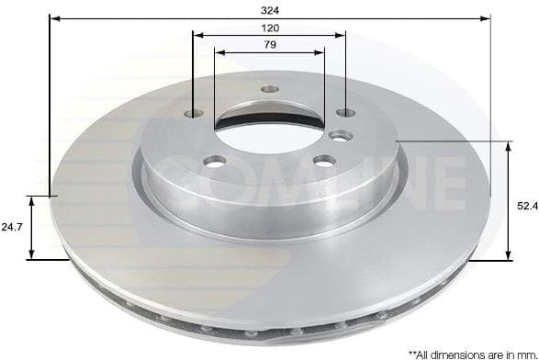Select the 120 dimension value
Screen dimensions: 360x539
(x=270, y=28)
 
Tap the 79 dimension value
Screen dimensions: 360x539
(x=270, y=44)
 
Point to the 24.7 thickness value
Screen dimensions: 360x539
(x=12, y=225)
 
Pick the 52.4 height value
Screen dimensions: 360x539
(x=525, y=207)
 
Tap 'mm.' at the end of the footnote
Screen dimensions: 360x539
(x=526, y=352)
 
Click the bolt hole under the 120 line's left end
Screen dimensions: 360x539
(x=193, y=115)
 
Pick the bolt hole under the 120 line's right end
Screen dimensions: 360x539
(x=345, y=113)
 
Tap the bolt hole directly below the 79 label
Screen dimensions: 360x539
(x=269, y=89)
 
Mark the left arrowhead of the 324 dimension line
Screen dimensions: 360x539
(x=53, y=17)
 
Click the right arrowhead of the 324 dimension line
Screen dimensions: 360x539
(x=488, y=17)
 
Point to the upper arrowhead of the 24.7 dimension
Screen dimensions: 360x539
(x=32, y=199)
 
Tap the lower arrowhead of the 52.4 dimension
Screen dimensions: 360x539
(x=509, y=259)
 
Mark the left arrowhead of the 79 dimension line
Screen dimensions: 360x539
(x=219, y=52)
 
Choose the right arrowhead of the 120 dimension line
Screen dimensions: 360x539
(x=341, y=35)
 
